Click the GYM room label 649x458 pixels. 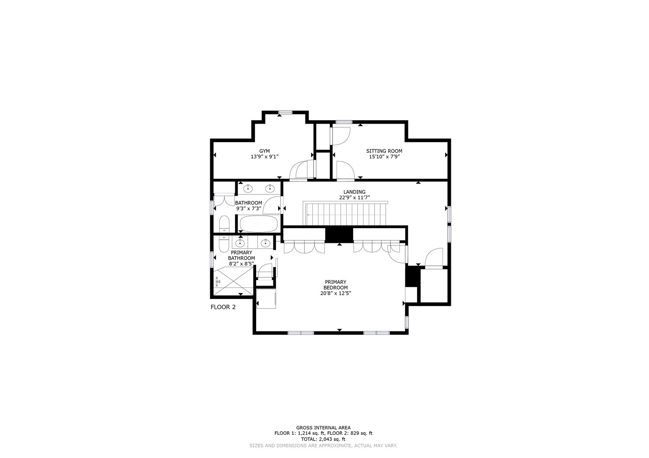tap(264, 151)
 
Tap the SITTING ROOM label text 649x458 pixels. tap(384, 151)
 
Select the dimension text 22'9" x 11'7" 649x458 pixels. tap(354, 197)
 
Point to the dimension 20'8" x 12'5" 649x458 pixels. tap(335, 293)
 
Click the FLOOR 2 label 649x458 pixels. tap(223, 307)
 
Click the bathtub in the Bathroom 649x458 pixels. tap(259, 224)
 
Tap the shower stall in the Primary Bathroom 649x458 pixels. tap(233, 281)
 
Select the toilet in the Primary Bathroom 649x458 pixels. tap(223, 244)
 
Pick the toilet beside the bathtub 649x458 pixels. tap(224, 224)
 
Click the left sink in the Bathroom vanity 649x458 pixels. tap(248, 189)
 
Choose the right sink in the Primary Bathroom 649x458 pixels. tap(265, 243)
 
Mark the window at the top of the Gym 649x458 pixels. tap(286, 112)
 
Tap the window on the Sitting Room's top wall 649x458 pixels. tap(344, 122)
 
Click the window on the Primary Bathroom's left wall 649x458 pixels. tap(212, 259)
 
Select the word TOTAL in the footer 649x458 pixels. tap(309, 439)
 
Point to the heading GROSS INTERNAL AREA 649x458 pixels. tap(323, 427)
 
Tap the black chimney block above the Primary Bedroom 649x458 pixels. tap(339, 234)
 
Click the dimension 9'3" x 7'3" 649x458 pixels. tap(249, 208)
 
